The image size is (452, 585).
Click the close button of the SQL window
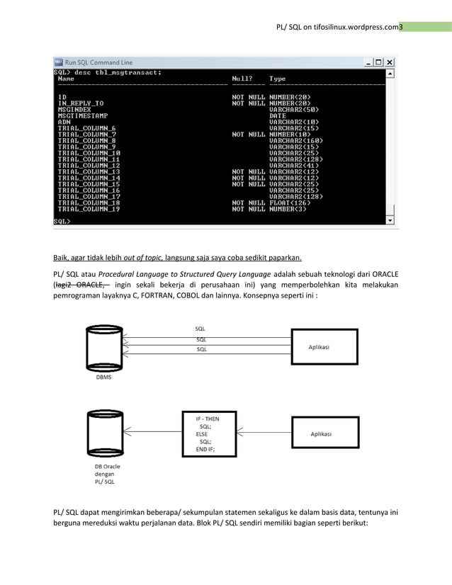pyautogui.click(x=390, y=62)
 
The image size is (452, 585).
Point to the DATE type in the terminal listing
pyautogui.click(x=278, y=115)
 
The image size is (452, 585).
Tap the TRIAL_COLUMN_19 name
pyautogui.click(x=89, y=209)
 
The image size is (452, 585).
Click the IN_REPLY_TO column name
pyautogui.click(x=81, y=103)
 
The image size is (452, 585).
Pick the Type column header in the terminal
pyautogui.click(x=277, y=79)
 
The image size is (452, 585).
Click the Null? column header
pyautogui.click(x=244, y=79)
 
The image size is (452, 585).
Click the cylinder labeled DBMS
pyautogui.click(x=103, y=348)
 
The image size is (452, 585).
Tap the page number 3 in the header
pyautogui.click(x=400, y=27)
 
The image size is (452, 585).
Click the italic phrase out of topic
pyautogui.click(x=143, y=257)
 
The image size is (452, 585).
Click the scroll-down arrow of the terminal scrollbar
pyautogui.click(x=390, y=220)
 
